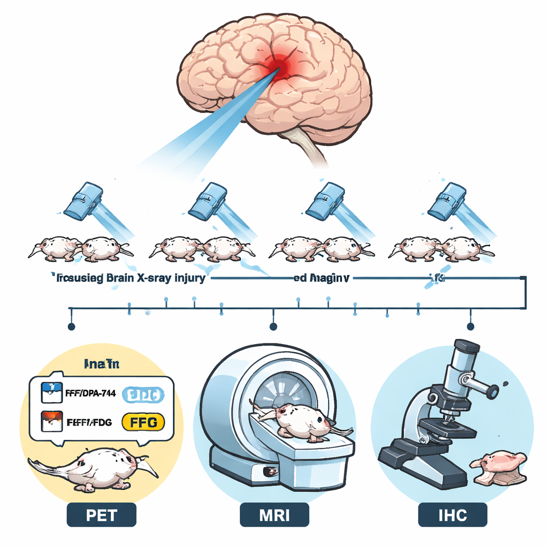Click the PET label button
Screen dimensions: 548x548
click(102, 515)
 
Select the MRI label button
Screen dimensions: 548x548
click(275, 515)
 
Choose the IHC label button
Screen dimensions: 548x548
click(452, 515)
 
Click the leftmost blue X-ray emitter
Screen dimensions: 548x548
click(83, 201)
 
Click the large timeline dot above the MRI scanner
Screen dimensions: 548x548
click(273, 326)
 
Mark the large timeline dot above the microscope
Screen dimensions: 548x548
click(470, 326)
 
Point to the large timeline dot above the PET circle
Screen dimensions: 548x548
click(71, 326)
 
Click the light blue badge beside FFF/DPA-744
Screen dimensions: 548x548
click(141, 394)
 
